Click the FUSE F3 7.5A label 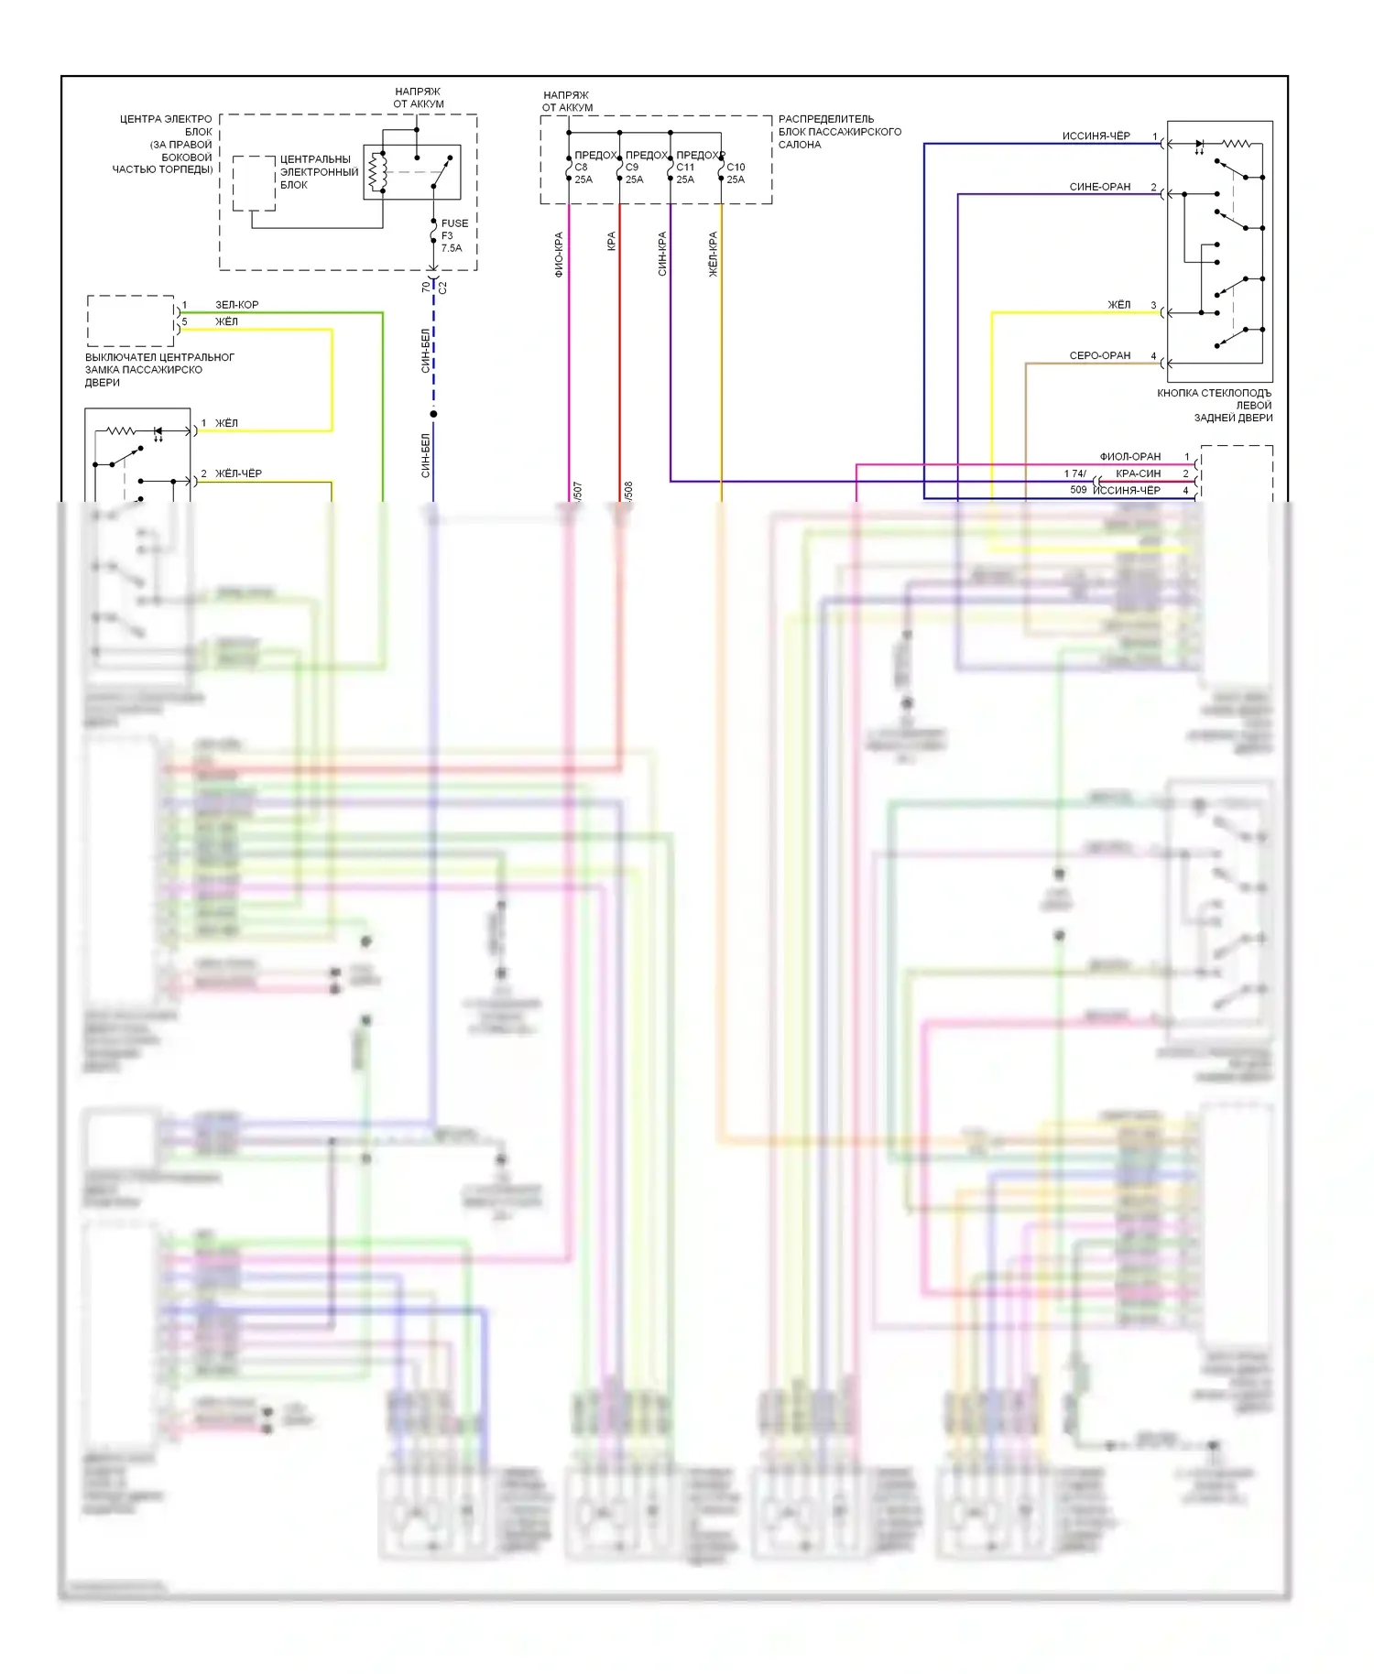tap(453, 235)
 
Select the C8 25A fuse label tap(583, 173)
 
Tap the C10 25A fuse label tap(736, 173)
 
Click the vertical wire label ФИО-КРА tap(559, 254)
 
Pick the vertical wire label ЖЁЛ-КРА tap(713, 254)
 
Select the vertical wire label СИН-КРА tap(661, 254)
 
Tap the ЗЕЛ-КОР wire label tap(236, 304)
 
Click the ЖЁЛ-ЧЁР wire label tap(238, 473)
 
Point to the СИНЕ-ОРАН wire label tap(1099, 187)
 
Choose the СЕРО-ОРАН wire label tap(1099, 355)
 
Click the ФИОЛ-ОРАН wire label tap(1129, 456)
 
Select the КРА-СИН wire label tap(1138, 473)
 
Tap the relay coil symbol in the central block tap(374, 172)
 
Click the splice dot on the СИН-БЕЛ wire tap(433, 414)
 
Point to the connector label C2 tap(443, 287)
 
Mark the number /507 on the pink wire tap(578, 491)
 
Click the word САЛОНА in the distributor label tap(799, 145)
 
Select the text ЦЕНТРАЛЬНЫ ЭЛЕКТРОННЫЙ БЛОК tap(319, 172)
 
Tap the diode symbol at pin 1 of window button tap(1199, 144)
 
